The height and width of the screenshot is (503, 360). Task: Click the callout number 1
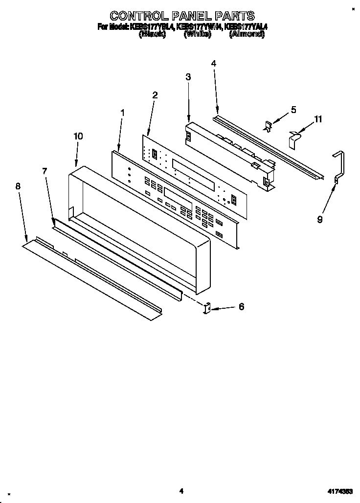[122, 113]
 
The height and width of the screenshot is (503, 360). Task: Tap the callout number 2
[155, 95]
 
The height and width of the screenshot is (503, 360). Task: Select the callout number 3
[188, 77]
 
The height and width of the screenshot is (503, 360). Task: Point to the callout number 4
[213, 63]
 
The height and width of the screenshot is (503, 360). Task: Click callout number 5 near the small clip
[293, 110]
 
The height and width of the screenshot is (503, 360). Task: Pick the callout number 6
[241, 307]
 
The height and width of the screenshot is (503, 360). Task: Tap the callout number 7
[45, 171]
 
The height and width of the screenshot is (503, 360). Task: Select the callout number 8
[18, 186]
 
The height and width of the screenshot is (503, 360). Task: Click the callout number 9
[319, 220]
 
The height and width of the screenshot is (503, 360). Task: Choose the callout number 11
[318, 119]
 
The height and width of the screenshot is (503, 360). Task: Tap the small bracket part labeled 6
[206, 308]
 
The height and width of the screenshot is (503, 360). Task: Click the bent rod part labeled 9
[339, 166]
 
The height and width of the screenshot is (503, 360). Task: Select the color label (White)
[197, 35]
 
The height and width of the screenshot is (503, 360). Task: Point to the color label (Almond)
[247, 35]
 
